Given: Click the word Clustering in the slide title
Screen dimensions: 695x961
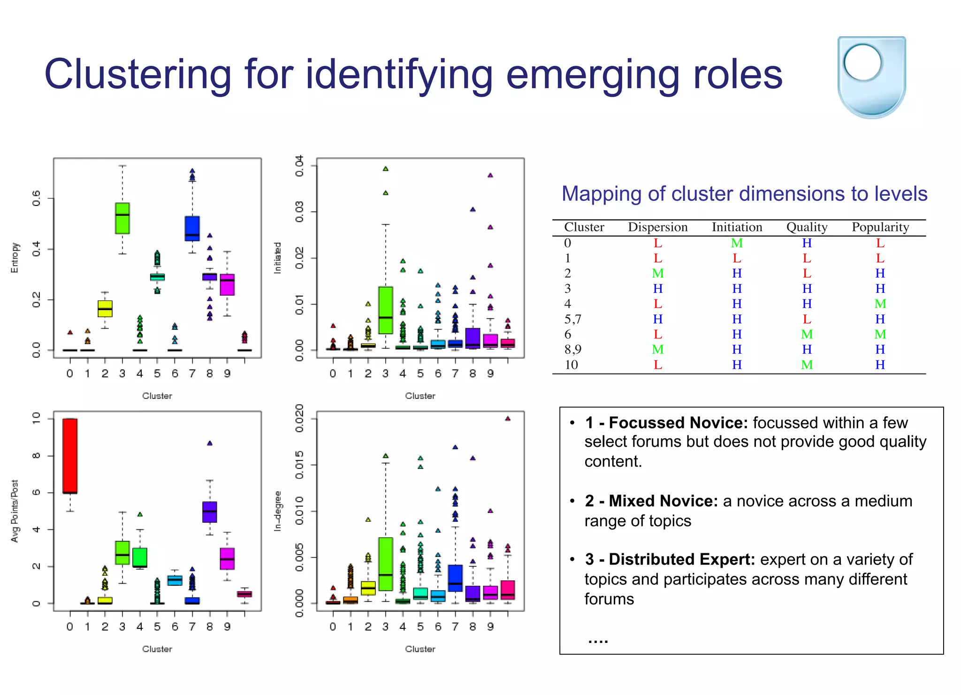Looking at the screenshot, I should [x=137, y=74].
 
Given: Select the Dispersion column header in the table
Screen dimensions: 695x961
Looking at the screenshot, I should [x=657, y=227].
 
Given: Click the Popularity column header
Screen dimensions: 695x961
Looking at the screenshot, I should [x=880, y=227].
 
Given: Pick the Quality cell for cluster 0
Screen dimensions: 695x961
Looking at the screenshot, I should [x=806, y=243].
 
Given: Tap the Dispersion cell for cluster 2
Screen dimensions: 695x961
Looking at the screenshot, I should [x=657, y=273].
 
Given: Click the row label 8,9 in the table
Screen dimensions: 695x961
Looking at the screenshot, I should [x=572, y=350].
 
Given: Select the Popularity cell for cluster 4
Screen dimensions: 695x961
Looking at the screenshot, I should [x=880, y=304].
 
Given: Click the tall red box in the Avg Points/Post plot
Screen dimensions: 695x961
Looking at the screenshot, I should [x=70, y=456].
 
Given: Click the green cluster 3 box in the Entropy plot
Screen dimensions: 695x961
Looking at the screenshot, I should [x=122, y=218].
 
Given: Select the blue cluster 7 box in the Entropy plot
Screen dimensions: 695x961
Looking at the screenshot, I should [x=192, y=229].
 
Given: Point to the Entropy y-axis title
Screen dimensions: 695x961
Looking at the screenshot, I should [x=15, y=257].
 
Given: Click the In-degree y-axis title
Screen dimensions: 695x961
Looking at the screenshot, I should [x=277, y=511].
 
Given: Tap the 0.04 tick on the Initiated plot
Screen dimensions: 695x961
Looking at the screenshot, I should [x=299, y=166].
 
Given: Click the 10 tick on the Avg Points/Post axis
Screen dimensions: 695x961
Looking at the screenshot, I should [x=36, y=418].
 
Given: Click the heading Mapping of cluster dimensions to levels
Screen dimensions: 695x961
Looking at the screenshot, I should [x=744, y=194].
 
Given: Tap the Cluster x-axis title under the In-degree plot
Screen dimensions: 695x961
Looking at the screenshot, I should [x=420, y=649].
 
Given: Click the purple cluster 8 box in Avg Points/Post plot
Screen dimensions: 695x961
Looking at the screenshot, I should [x=210, y=512].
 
